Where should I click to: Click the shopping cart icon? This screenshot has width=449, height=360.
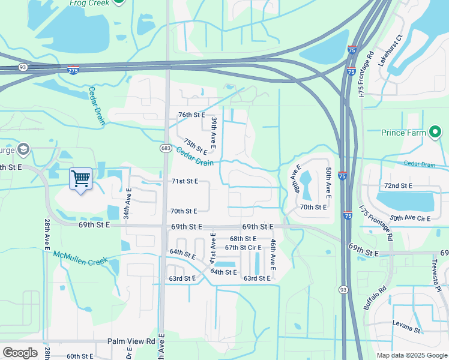coord(80,178)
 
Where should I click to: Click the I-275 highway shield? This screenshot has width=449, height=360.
coord(73,70)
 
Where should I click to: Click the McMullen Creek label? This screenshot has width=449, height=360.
coord(81,257)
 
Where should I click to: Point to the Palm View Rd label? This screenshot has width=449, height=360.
coord(131,341)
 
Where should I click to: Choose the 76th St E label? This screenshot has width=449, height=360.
coord(191,115)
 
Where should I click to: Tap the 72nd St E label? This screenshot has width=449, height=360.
coord(398,186)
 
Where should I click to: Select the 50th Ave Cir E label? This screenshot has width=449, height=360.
coord(411,218)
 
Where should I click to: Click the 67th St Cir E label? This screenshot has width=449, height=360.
coord(243,247)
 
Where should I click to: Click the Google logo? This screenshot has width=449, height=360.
coord(20,353)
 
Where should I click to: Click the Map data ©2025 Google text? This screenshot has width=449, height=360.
coord(411,355)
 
